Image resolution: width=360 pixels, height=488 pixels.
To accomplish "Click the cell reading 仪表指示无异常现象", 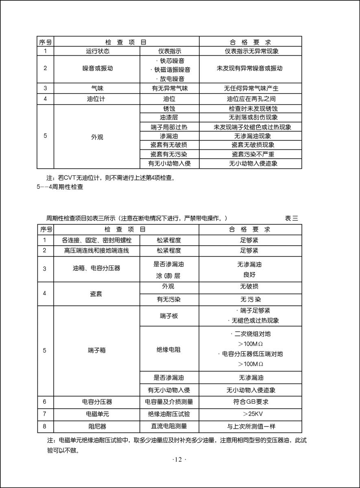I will pos(251,52).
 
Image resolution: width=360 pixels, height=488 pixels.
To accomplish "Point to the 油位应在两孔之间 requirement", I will pos(251,99).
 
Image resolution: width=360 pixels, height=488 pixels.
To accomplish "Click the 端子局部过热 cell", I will pos(169,127).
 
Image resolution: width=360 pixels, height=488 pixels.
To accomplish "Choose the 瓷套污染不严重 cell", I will pos(251,154).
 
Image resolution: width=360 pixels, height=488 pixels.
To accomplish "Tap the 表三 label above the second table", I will pos(291,218).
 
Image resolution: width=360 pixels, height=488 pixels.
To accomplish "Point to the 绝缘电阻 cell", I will pos(169,349).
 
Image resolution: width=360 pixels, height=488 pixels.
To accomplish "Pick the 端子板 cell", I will pos(169,316).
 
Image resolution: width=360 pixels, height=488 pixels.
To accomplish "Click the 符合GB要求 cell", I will pos(251,402).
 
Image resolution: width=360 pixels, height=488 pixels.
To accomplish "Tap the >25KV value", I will pos(251,414).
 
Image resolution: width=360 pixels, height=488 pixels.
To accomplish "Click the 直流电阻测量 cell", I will pos(169,427).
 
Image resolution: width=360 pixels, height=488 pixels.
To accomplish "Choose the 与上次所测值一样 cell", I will pos(251,427).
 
